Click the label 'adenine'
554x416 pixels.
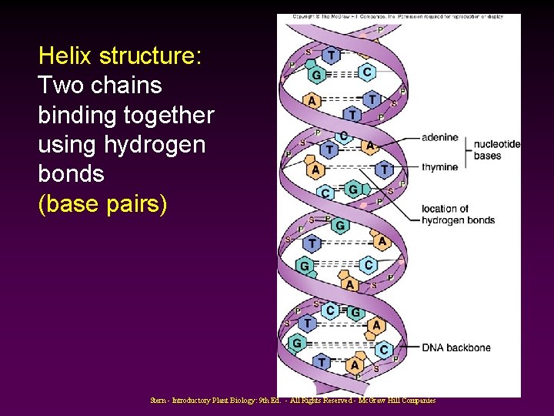point(439,138)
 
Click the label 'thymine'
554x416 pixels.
point(439,167)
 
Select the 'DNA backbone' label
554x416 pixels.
point(456,347)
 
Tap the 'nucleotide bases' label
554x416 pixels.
point(496,149)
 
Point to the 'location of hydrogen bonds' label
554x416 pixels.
point(457,214)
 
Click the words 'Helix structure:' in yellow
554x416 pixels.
point(120,56)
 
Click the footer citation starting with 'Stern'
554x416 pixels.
point(293,401)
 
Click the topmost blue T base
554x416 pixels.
point(331,55)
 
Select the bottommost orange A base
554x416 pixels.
point(355,364)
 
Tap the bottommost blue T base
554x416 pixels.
point(322,361)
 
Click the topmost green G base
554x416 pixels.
point(315,75)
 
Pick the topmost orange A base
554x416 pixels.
point(312,100)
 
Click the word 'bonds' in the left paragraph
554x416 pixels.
point(70,174)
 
